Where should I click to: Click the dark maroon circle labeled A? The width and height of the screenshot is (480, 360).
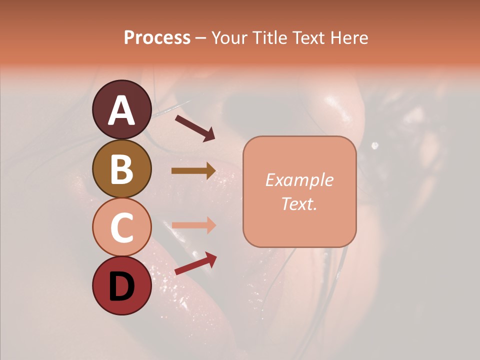pyautogui.click(x=121, y=109)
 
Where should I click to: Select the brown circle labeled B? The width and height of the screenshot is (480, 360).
pyautogui.click(x=121, y=168)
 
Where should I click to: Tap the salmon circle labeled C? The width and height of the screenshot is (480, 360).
pyautogui.click(x=121, y=227)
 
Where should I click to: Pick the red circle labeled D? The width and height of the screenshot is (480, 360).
pyautogui.click(x=121, y=285)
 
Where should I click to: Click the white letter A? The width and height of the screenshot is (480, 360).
pyautogui.click(x=121, y=110)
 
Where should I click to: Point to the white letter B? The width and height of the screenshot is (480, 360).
pyautogui.click(x=121, y=169)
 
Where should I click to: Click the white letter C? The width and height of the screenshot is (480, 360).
pyautogui.click(x=121, y=227)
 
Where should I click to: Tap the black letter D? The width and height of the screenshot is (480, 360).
pyautogui.click(x=121, y=286)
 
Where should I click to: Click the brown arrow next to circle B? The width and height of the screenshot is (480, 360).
pyautogui.click(x=193, y=170)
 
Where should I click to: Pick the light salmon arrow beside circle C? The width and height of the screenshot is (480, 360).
pyautogui.click(x=193, y=225)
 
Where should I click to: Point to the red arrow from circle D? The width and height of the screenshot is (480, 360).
pyautogui.click(x=195, y=263)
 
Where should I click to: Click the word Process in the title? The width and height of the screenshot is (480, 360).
pyautogui.click(x=157, y=38)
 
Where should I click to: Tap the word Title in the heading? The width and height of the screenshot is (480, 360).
pyautogui.click(x=269, y=38)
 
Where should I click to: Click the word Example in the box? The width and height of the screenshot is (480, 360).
pyautogui.click(x=299, y=180)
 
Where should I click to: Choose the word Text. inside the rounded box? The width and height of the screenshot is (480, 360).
pyautogui.click(x=299, y=204)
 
